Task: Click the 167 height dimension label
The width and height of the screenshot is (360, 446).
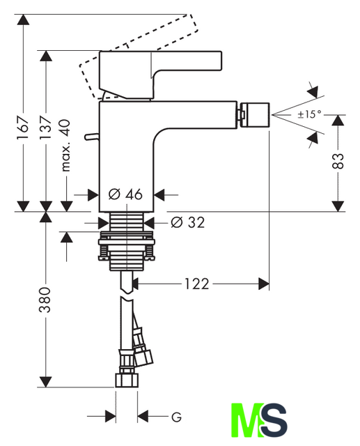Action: click(23, 128)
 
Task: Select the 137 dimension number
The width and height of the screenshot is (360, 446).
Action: click(46, 127)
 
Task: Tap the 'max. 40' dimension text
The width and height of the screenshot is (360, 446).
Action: click(65, 146)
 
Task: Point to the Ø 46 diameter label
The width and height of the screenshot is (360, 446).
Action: click(125, 194)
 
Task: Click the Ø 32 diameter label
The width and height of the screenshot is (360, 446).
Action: click(188, 222)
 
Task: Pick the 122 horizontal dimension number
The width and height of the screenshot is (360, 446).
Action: click(196, 284)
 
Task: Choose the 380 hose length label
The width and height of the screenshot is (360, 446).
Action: click(45, 300)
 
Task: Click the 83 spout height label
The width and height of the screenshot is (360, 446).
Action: click(338, 161)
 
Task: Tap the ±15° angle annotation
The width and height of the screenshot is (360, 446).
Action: click(309, 114)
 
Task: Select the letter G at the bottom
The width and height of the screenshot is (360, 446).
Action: click(176, 417)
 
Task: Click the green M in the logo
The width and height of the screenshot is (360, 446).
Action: click(246, 420)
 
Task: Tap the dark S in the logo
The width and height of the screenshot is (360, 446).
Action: click(274, 420)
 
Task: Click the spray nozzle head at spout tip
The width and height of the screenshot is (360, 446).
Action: click(255, 115)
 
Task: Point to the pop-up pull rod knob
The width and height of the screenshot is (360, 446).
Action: click(91, 137)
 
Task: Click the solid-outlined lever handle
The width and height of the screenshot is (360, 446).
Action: click(160, 75)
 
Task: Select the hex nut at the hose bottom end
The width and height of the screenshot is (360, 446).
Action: click(127, 380)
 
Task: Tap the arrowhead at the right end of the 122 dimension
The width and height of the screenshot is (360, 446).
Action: click(264, 284)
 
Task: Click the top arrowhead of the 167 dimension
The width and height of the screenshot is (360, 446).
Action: click(23, 20)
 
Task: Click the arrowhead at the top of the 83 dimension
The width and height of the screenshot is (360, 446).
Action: click(338, 121)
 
